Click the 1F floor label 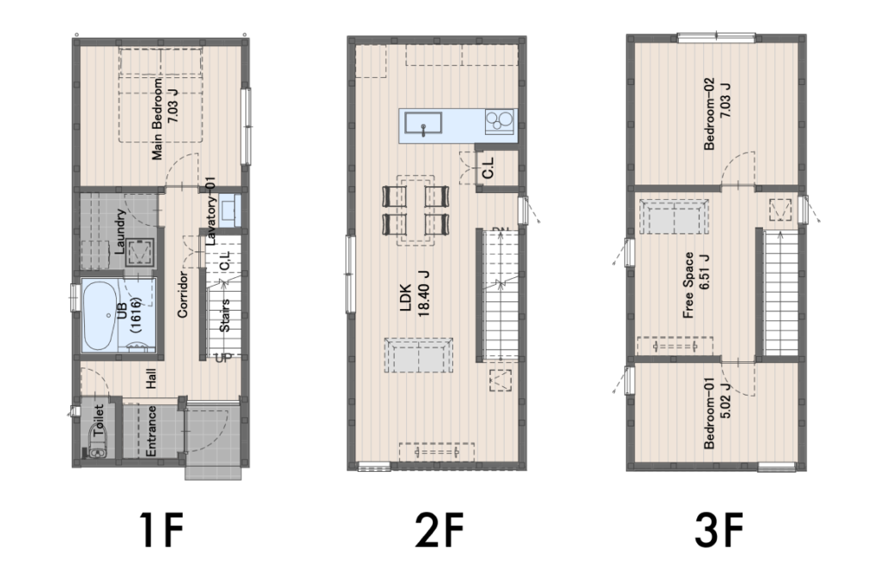point(161,530)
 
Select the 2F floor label point(440,530)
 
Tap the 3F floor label point(719,530)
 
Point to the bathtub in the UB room point(100,315)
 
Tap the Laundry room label point(120,232)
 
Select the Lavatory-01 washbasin point(228,209)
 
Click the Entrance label point(150,431)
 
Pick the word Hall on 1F point(151,378)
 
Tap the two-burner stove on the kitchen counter point(499,121)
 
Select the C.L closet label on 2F point(488,167)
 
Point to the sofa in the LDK point(419,355)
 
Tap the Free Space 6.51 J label point(696,285)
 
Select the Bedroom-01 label point(717,413)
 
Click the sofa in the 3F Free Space point(674,216)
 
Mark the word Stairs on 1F point(224,316)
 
